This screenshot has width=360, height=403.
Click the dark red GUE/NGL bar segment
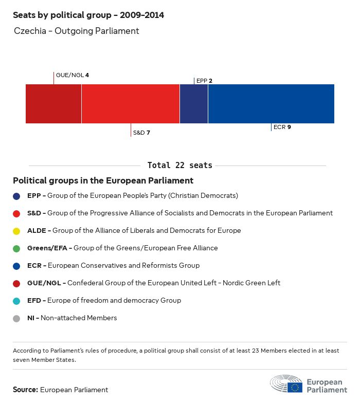coord(53,104)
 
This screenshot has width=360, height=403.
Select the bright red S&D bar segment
coord(131,104)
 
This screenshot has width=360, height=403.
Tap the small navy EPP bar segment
coord(194,104)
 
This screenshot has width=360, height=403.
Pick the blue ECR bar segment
coord(271,104)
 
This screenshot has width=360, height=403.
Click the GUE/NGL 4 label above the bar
coord(73,75)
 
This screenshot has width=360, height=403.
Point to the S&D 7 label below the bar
coord(141,133)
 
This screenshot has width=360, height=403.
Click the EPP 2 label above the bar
coord(204,81)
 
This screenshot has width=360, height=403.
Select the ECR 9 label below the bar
coord(282,127)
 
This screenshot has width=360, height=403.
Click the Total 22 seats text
coord(179,166)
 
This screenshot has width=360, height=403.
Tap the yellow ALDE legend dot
coord(17,231)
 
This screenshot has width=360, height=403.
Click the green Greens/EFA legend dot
coord(17,248)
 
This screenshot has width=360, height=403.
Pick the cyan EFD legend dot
coord(17,301)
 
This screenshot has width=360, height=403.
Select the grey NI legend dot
coord(17,318)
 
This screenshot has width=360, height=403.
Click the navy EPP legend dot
coord(17,196)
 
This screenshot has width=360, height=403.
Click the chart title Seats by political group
coord(88,15)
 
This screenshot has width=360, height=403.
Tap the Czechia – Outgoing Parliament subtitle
coord(77,31)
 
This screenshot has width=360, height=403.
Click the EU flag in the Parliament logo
coord(295,387)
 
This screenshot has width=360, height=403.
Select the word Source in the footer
coord(25,390)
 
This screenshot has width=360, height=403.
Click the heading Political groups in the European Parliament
coord(103,180)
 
